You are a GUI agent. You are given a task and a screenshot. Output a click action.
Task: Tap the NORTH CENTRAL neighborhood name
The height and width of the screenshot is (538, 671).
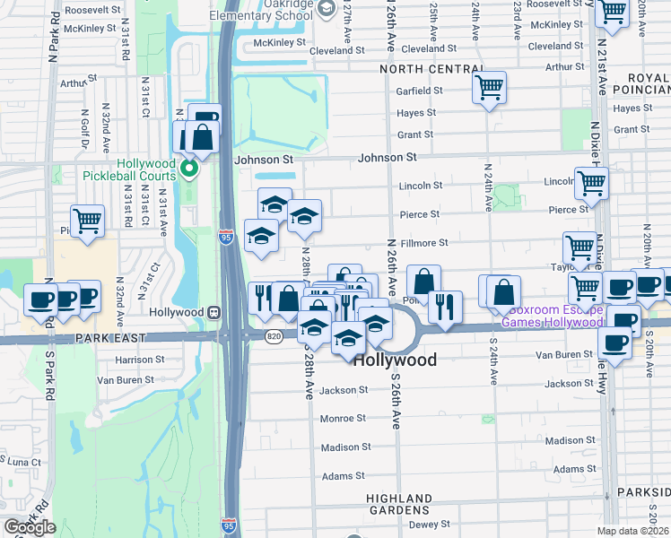[x=431, y=69]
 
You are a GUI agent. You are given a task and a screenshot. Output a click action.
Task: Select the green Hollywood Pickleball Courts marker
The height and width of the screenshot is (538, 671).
[x=188, y=168]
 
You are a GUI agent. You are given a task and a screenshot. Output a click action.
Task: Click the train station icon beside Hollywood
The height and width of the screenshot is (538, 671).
[x=213, y=312]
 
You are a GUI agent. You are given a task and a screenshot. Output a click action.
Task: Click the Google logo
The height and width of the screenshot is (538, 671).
[x=30, y=527]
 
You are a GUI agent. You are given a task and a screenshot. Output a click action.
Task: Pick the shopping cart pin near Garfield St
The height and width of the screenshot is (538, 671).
[x=489, y=89]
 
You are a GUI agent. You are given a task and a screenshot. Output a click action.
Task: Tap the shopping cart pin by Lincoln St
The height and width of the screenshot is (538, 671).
[x=591, y=184]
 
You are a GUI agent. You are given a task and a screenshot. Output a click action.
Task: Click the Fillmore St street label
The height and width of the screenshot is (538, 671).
[x=424, y=243]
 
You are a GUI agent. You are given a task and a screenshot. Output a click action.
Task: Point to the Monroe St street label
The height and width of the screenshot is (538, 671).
[x=344, y=418]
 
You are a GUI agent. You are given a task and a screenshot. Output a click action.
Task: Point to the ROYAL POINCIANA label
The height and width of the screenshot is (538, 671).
[x=649, y=82]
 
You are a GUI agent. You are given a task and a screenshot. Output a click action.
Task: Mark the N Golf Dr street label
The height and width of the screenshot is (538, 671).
[x=86, y=126]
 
